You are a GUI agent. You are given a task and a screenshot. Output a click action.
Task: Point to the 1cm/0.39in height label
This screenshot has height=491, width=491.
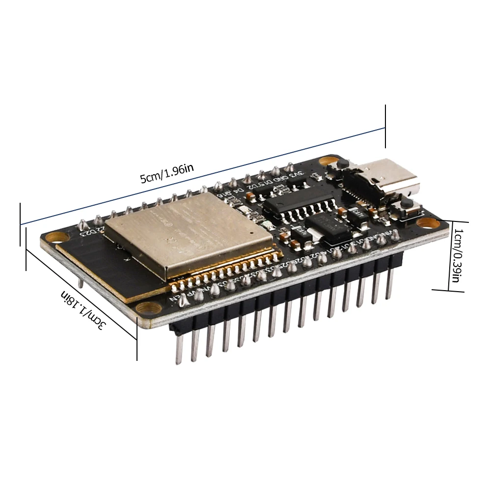pyautogui.click(x=457, y=255)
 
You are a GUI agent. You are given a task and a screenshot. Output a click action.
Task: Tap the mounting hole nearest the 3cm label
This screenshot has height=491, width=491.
pyautogui.click(x=146, y=309)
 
